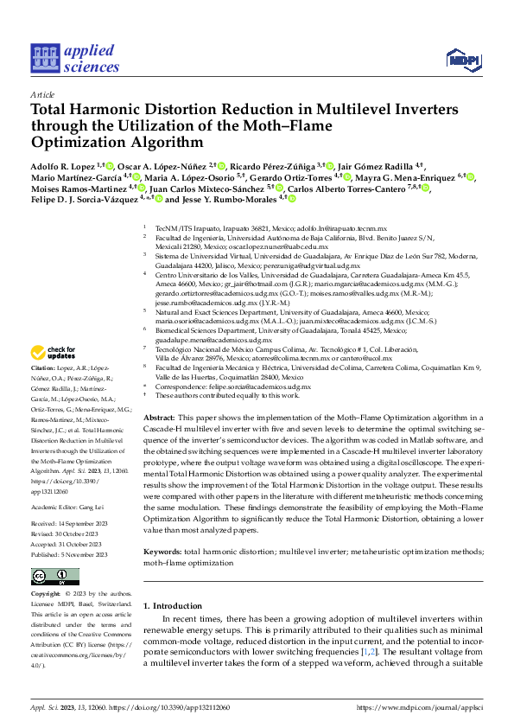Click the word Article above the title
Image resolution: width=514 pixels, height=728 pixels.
pyautogui.click(x=42, y=93)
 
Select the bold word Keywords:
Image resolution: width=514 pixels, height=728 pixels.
pyautogui.click(x=162, y=551)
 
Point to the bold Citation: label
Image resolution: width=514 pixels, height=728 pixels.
pyautogui.click(x=45, y=392)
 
